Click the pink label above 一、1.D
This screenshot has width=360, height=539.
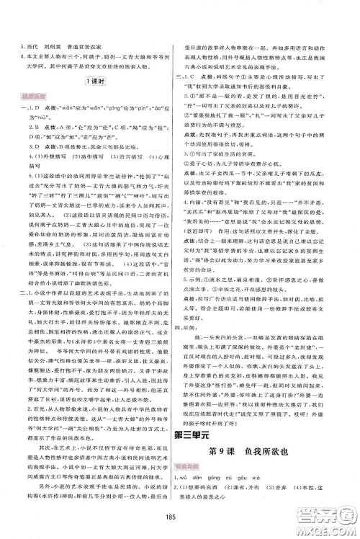30,94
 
